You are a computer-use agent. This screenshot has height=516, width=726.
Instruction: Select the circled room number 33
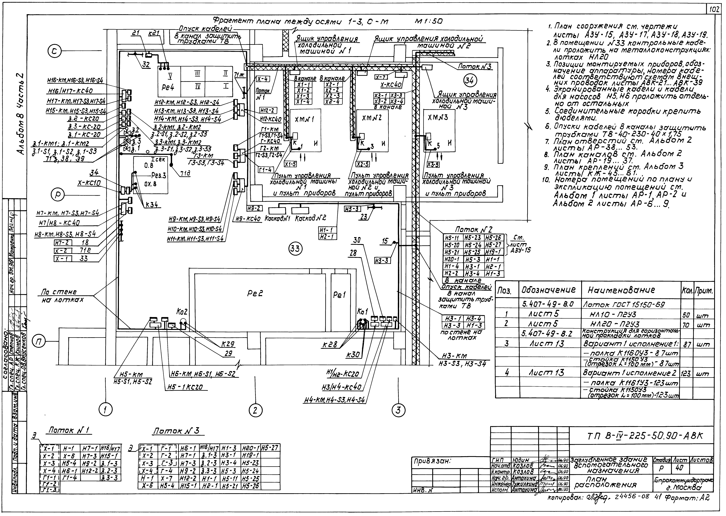tap(295, 248)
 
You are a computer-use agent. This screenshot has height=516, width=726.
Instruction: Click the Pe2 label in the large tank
tap(255, 294)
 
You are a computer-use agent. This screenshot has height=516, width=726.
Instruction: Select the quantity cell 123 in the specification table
tap(687, 373)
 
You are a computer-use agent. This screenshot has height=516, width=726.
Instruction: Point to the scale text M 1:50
tap(429, 22)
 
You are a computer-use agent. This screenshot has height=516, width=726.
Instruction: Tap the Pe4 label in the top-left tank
tap(168, 87)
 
